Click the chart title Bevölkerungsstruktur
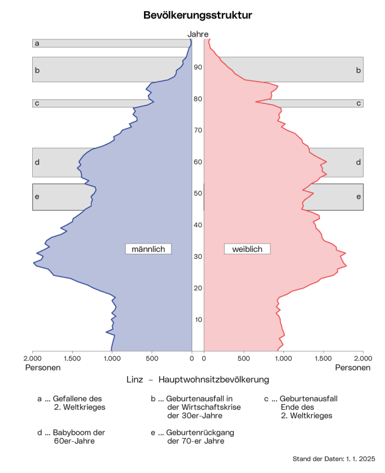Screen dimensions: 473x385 198,15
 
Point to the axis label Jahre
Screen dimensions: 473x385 198,34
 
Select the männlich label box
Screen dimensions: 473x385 148,249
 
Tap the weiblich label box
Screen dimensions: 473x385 247,249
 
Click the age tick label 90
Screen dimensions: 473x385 198,67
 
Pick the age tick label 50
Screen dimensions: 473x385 198,193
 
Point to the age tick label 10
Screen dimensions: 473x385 198,320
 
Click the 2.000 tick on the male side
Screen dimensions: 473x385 33,358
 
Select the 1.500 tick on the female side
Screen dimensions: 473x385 323,358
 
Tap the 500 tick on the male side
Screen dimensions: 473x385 152,358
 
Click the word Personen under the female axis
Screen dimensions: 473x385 353,367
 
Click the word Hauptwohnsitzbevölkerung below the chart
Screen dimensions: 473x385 214,380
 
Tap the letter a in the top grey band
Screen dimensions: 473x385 37,43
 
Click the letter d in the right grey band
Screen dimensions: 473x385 358,163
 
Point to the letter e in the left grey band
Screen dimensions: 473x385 37,197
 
